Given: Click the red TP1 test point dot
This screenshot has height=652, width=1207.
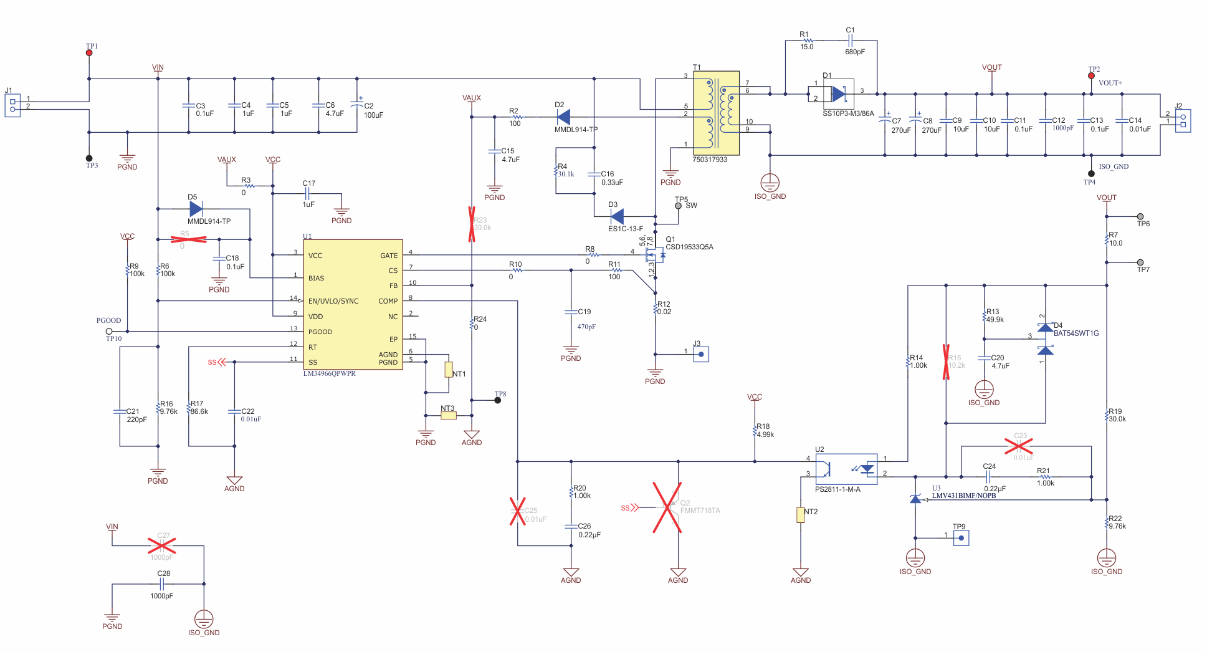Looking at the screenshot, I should pyautogui.click(x=89, y=53).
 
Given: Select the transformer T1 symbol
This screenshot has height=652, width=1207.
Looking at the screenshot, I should pyautogui.click(x=716, y=113).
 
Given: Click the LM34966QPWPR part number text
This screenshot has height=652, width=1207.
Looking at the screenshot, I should pyautogui.click(x=329, y=373).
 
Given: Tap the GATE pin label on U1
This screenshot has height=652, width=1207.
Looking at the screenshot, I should pyautogui.click(x=388, y=256).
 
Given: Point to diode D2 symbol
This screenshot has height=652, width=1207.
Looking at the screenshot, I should pyautogui.click(x=563, y=117).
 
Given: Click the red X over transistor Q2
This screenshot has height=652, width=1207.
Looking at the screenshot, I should pyautogui.click(x=667, y=507).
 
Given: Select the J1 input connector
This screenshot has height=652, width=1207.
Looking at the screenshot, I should pyautogui.click(x=12, y=105).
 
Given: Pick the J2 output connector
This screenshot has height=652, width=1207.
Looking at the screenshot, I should pyautogui.click(x=1182, y=120).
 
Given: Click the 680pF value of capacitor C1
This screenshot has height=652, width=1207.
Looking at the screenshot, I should pyautogui.click(x=854, y=52).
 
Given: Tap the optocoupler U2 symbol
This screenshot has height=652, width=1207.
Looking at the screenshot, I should pyautogui.click(x=846, y=469).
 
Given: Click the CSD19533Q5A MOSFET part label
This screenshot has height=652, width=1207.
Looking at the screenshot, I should pyautogui.click(x=689, y=247).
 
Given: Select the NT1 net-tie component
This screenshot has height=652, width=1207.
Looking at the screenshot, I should pyautogui.click(x=448, y=370).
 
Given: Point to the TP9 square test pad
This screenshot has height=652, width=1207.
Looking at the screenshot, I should pyautogui.click(x=961, y=538).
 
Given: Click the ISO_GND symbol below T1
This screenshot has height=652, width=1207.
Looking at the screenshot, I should pyautogui.click(x=770, y=183).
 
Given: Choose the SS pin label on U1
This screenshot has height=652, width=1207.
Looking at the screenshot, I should pyautogui.click(x=313, y=362).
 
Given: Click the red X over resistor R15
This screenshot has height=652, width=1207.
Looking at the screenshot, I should pyautogui.click(x=946, y=362).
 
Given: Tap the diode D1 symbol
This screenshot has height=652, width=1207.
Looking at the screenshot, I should pyautogui.click(x=838, y=94).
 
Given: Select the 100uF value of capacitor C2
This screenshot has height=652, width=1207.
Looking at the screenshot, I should pyautogui.click(x=373, y=115).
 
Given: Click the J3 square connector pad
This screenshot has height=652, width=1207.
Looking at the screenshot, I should pyautogui.click(x=701, y=355).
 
